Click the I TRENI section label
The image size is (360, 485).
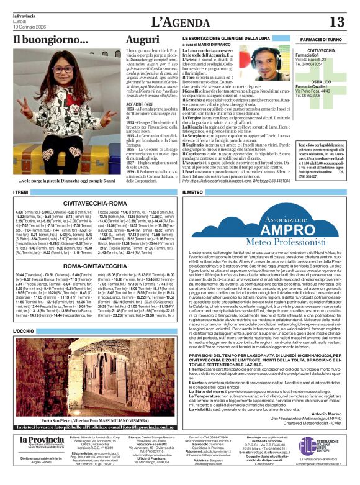pos(21,193)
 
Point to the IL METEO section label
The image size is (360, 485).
pos(192,193)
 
